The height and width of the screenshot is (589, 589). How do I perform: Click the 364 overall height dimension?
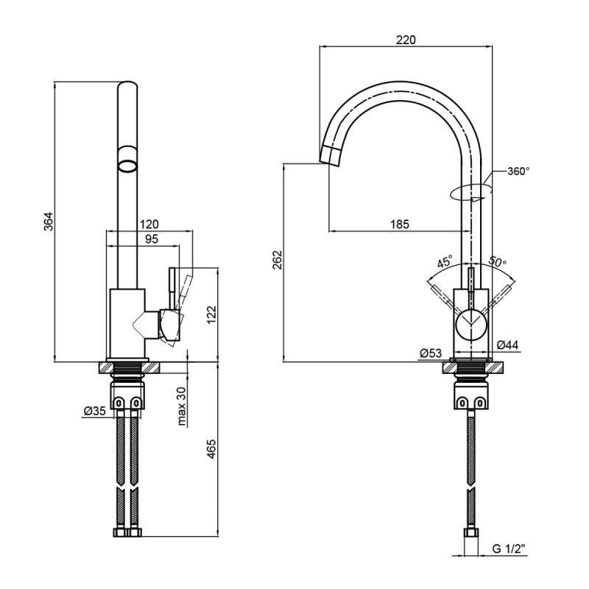[x=48, y=222]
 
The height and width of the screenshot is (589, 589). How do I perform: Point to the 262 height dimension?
[x=277, y=262]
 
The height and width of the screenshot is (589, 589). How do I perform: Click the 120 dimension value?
[x=149, y=224]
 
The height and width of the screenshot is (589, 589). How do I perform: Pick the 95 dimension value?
[x=151, y=239]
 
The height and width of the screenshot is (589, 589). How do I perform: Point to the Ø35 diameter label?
[x=95, y=411]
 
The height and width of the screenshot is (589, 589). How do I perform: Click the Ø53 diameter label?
[x=430, y=353]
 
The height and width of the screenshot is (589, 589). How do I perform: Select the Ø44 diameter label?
[x=507, y=345]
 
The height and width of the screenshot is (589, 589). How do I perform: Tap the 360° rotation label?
[x=518, y=171]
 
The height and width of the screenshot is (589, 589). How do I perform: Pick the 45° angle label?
[x=445, y=262]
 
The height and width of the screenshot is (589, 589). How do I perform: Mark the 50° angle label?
[x=497, y=262]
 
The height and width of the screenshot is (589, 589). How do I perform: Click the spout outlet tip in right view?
[x=329, y=155]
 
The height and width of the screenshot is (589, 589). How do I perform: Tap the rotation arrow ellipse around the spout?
[x=470, y=191]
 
